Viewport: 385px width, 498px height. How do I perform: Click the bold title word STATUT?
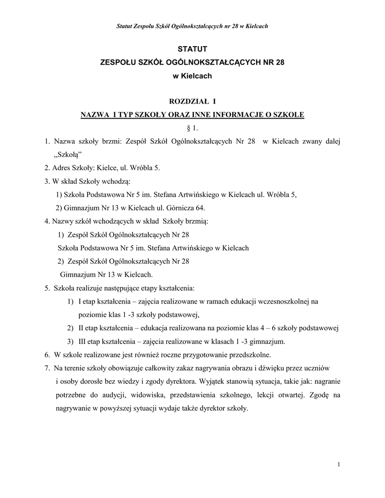[192, 49]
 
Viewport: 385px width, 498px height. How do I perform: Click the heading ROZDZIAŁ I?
[192, 101]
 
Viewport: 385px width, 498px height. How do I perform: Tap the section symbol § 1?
[192, 128]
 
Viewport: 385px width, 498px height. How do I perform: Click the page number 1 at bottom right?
[338, 465]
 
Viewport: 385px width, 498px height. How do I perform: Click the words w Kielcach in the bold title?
[192, 76]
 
